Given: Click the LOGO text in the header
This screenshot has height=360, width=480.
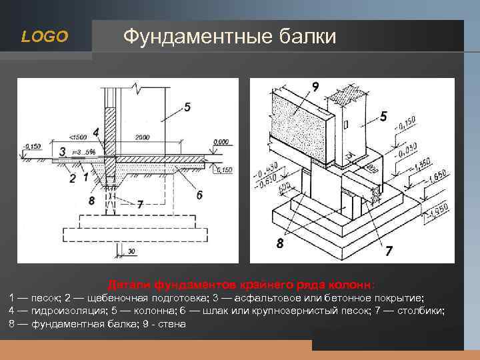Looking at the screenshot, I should (45, 37).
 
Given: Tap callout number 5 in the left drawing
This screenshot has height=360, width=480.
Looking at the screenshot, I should (187, 107).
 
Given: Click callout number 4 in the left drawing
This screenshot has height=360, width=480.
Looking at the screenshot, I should (97, 132).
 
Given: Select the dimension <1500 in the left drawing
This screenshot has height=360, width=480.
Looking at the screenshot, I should (78, 137).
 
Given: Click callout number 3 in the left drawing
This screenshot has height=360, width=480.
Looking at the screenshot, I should (63, 153).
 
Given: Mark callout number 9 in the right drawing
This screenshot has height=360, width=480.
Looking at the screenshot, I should (314, 87).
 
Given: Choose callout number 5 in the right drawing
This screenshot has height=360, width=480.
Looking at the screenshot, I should (383, 117).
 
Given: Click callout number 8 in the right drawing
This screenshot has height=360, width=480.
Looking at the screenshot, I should (279, 243).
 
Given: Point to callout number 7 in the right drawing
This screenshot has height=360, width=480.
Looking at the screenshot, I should (388, 251).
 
